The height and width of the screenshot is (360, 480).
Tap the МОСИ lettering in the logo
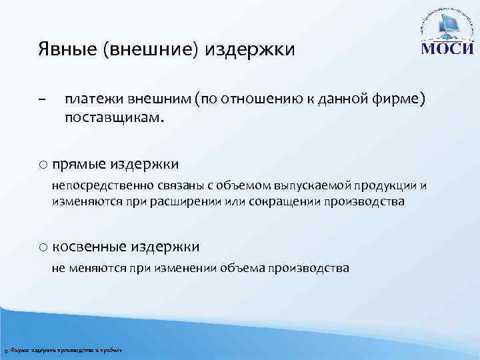click(x=446, y=51)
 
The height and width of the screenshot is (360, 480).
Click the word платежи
click(x=92, y=99)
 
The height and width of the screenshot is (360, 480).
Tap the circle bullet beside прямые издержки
click(x=43, y=163)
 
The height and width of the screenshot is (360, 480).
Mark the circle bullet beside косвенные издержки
click(x=43, y=247)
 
